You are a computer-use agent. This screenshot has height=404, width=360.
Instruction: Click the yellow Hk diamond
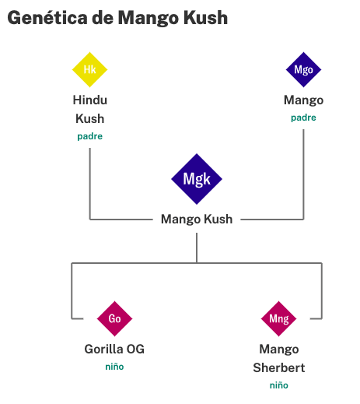coord(89,69)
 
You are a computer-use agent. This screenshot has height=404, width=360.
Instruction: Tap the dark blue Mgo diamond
coord(303,69)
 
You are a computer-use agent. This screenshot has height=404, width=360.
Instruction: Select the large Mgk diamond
coord(197,179)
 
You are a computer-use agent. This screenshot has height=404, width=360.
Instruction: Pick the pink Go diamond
coord(114,318)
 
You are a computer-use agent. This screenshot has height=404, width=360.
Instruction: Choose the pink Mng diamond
coord(278,318)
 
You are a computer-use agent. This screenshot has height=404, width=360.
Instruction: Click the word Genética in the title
coord(47,18)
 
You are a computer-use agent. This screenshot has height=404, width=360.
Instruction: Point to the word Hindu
coord(90,100)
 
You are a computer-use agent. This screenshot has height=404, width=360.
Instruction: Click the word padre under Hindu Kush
coord(90,136)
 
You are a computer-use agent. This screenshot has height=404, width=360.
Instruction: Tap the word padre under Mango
coord(303,118)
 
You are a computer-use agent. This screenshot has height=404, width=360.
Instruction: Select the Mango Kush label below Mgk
coord(197,220)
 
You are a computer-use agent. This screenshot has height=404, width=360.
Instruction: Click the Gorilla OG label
coord(114,349)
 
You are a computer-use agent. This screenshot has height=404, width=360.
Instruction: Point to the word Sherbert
coord(279,367)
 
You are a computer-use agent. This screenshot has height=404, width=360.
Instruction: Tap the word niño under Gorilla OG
coord(114,367)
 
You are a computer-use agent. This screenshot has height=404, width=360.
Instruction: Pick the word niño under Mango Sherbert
coord(279,385)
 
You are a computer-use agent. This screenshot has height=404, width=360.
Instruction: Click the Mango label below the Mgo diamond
coord(303,100)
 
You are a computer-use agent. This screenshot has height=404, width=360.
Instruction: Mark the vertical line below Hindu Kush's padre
coord(90,184)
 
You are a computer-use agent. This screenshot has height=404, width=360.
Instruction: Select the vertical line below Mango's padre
coord(303,174)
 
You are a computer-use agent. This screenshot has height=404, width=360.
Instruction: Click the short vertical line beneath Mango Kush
coord(197,248)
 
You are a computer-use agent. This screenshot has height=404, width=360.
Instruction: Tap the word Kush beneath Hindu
coord(90,119)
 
